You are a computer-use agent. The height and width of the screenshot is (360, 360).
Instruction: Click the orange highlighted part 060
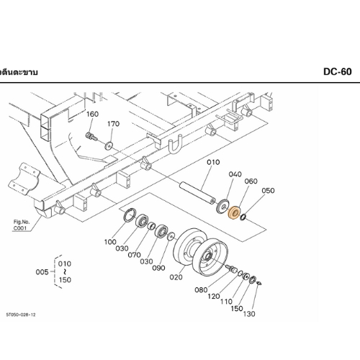pyautogui.click(x=234, y=212)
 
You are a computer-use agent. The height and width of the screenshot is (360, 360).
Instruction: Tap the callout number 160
pyautogui.click(x=92, y=114)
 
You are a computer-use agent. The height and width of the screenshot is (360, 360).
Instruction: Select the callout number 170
pyautogui.click(x=113, y=124)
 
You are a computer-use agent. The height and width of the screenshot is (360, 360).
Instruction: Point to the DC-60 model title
pyautogui.click(x=338, y=72)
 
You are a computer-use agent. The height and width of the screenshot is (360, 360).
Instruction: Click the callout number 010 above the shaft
pyautogui.click(x=213, y=162)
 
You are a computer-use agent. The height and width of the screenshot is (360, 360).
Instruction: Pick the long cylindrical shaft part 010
pyautogui.click(x=198, y=193)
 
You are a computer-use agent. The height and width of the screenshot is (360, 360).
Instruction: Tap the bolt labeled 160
pyautogui.click(x=91, y=136)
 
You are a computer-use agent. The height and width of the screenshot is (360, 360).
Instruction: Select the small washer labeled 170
pyautogui.click(x=109, y=145)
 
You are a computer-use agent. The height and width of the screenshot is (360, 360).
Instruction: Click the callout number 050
pyautogui.click(x=268, y=191)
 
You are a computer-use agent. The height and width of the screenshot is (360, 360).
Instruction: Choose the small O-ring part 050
pyautogui.click(x=243, y=217)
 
